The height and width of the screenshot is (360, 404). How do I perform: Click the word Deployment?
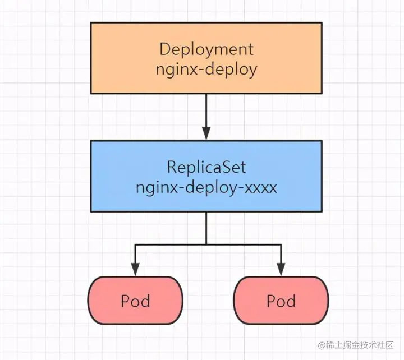point(206,49)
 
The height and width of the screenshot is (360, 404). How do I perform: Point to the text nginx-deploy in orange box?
point(206,70)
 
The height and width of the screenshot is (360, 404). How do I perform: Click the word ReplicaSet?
point(206,168)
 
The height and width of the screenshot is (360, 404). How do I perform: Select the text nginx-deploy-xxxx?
point(206,187)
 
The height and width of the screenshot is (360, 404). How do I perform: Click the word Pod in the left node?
point(135,301)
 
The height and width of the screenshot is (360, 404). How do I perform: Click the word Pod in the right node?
point(281,301)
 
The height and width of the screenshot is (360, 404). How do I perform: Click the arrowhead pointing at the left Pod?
point(135,270)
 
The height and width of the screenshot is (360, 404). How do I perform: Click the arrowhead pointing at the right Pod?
point(281,270)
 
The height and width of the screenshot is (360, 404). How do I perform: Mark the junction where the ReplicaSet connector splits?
point(206,244)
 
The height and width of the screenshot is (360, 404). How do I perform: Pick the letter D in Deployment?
point(165,49)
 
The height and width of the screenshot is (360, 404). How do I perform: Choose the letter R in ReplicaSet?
point(172,168)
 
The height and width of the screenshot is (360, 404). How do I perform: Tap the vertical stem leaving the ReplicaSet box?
point(206,228)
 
